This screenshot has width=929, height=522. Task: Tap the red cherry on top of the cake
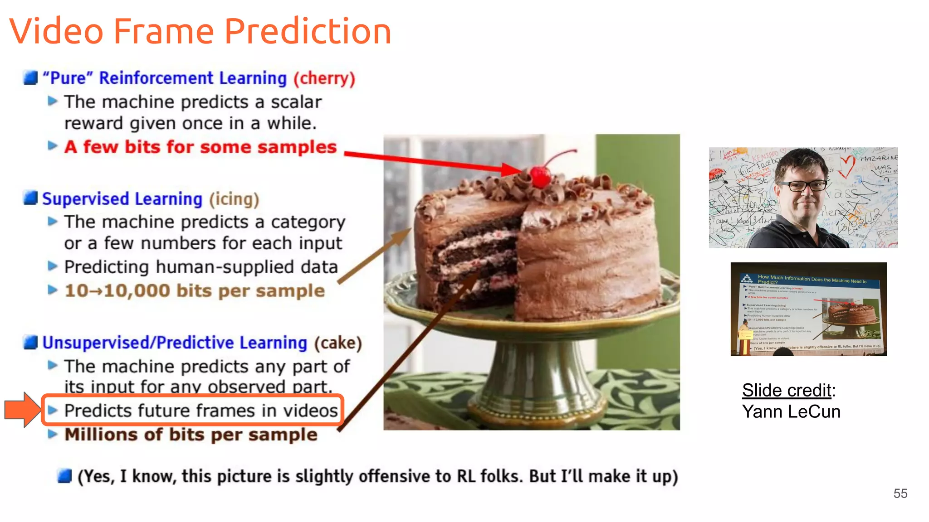(540, 177)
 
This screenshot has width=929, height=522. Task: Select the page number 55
(900, 493)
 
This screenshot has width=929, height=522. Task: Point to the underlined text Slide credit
(787, 390)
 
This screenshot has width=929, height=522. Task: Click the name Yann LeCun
(791, 412)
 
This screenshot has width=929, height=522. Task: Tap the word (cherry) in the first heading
(324, 78)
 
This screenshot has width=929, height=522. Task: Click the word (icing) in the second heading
(234, 199)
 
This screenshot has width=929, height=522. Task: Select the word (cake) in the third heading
(338, 343)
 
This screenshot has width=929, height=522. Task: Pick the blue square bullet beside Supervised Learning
(30, 198)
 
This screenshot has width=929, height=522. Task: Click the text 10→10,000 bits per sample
(195, 291)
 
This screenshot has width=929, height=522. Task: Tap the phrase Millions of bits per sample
(191, 435)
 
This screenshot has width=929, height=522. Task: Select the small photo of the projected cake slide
(808, 309)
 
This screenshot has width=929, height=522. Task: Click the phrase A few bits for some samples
(200, 147)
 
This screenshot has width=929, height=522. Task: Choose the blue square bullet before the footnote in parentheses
(65, 476)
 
